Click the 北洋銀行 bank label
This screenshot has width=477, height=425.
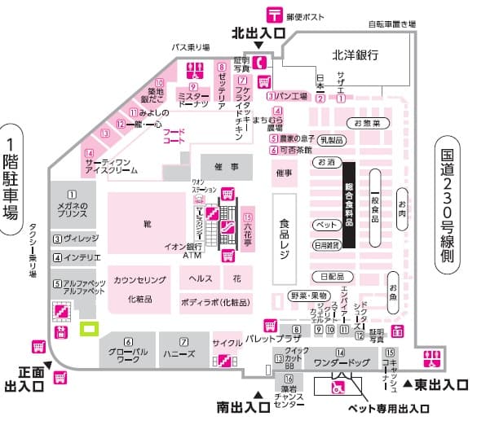[x=355, y=55]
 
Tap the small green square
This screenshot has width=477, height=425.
[x=88, y=329]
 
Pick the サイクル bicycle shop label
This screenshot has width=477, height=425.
[x=227, y=344]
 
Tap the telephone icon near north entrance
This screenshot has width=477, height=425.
[x=260, y=62]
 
